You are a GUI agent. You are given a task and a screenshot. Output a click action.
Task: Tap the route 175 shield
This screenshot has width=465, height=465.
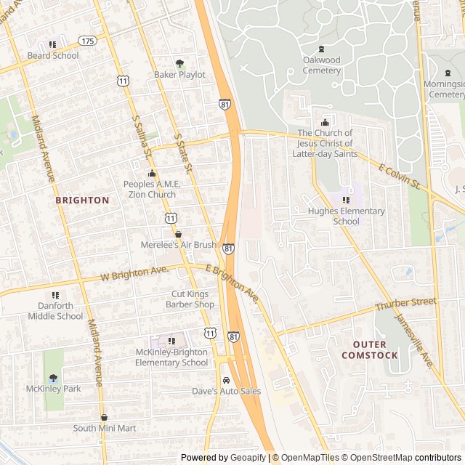pos(88,41)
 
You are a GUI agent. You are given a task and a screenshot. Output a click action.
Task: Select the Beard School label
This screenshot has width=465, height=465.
pos(53,55)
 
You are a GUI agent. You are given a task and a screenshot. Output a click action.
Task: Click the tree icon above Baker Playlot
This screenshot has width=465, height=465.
pos(179,63)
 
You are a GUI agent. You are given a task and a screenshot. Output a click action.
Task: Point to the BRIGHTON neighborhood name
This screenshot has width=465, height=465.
pos(82,200)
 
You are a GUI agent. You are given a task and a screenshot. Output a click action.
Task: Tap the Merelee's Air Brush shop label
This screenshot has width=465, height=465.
pos(178,245)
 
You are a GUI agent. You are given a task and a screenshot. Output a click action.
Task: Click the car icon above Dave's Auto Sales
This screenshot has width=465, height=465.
pos(226,380)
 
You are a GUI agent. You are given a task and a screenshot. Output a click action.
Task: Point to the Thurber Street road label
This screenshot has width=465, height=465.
pos(405,304)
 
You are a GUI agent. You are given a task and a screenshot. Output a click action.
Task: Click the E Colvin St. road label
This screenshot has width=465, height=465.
pos(400,177)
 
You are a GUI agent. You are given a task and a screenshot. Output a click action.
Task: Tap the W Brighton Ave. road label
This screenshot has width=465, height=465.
pos(134,274)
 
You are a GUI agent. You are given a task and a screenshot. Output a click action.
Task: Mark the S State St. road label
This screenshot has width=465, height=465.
pos(182,153)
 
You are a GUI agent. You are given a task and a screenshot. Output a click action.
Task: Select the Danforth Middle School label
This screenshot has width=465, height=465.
pos(55,311)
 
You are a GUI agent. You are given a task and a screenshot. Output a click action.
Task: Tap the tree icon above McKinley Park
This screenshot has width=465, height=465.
pos(53,378)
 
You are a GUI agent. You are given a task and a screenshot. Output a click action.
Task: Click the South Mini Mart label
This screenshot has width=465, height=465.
pos(104,428)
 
